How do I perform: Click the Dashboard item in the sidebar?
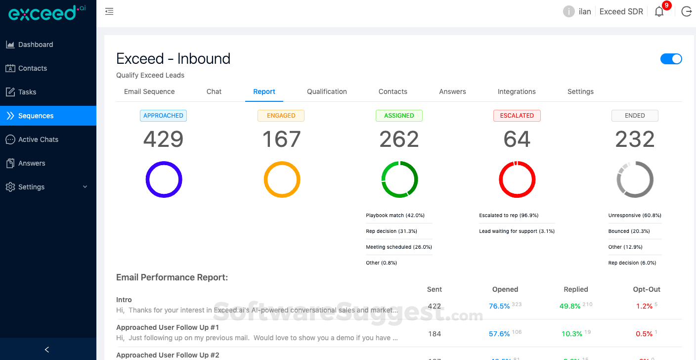click(x=36, y=45)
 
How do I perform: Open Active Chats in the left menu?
click(x=38, y=139)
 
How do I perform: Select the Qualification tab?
click(x=327, y=91)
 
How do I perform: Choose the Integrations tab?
click(x=517, y=91)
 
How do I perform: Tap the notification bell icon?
click(x=659, y=12)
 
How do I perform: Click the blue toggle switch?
click(x=671, y=59)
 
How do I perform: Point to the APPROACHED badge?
click(x=163, y=116)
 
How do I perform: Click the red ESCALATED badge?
click(x=517, y=116)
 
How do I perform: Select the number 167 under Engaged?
click(x=281, y=139)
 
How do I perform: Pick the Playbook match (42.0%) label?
click(x=395, y=216)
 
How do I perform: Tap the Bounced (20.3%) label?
click(x=629, y=231)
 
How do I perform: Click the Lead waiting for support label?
click(x=517, y=231)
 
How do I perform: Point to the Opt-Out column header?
click(x=647, y=289)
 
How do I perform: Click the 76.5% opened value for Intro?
click(x=499, y=306)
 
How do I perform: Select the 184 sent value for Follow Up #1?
click(x=435, y=334)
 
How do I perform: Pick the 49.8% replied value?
click(x=570, y=306)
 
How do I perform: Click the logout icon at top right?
click(x=686, y=12)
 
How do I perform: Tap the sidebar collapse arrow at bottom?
click(x=47, y=350)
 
